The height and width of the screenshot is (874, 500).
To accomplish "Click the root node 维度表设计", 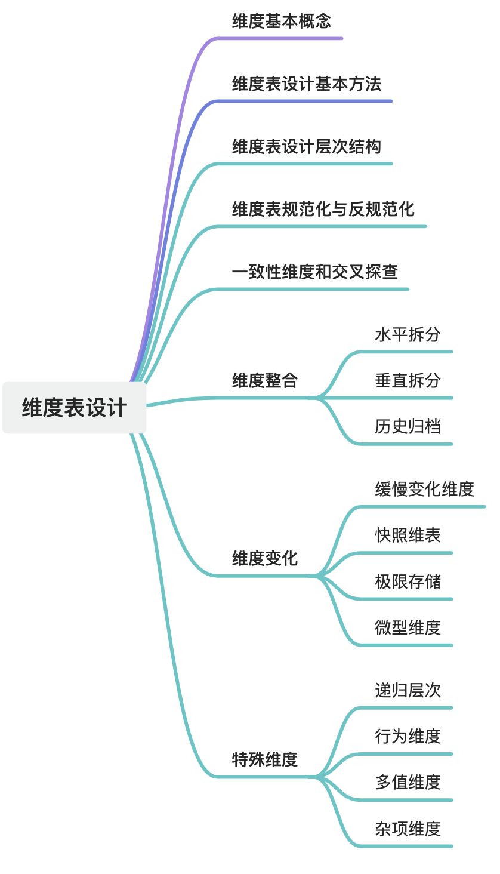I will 75,408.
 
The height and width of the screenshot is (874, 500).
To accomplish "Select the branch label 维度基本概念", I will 282,21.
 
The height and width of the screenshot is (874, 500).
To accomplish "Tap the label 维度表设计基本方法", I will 307,84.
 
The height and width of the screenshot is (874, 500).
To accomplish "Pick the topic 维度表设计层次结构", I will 307,146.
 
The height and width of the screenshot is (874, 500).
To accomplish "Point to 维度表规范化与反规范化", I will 323,209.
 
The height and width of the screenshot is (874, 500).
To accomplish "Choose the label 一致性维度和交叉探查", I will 315,272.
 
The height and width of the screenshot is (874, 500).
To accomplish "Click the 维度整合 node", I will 265,380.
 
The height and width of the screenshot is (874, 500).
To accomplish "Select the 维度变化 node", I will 265,559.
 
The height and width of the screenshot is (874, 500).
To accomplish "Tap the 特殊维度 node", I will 265,759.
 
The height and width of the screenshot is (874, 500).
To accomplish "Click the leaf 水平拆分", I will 408,334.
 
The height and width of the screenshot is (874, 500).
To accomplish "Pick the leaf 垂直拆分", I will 408,380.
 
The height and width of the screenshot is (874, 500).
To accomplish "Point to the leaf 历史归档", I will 408,426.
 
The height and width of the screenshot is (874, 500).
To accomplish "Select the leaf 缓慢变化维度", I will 425,489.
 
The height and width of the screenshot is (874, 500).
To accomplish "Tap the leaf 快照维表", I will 408,535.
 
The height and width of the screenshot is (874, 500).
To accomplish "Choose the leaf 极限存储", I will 408,581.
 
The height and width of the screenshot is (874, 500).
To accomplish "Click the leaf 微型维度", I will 408,627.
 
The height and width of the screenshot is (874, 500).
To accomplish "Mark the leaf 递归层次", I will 408,690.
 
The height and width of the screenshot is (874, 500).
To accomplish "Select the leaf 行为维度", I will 408,736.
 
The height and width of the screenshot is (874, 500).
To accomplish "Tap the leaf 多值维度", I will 408,782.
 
